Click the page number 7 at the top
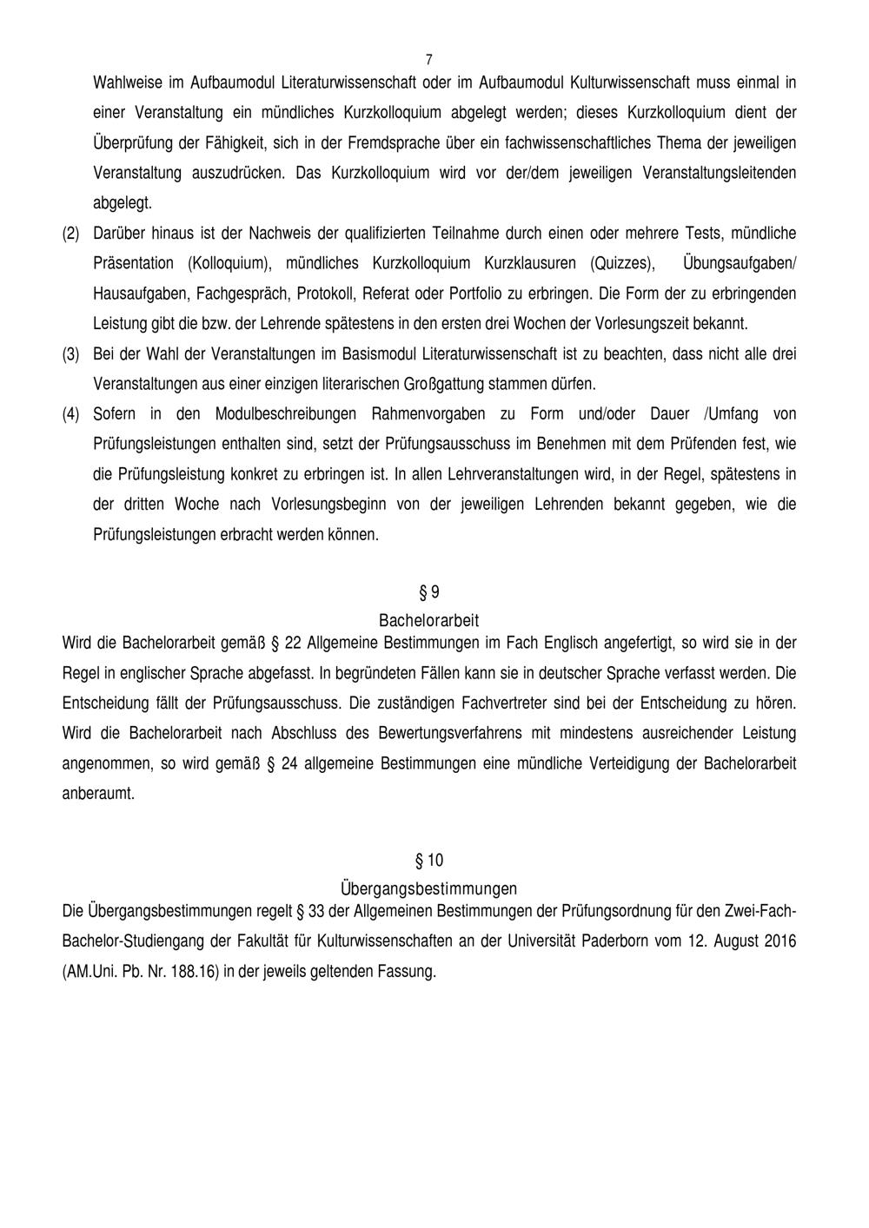pos(429,60)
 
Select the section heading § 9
pos(429,592)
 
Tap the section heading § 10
pos(429,861)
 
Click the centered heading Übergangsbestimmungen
pos(429,888)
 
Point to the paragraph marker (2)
pos(70,234)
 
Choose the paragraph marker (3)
pos(70,354)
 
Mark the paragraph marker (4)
pos(70,414)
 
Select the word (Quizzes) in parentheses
pos(623,263)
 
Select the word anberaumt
pos(99,794)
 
